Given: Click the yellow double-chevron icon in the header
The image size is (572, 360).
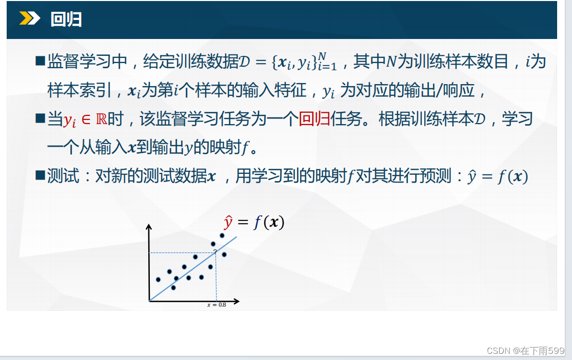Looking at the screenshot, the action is [x=30, y=18].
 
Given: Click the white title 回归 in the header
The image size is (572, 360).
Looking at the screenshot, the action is [x=66, y=19].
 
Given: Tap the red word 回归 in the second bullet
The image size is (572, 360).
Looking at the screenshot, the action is [x=314, y=119].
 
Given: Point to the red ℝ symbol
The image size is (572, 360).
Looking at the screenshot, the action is [x=102, y=119].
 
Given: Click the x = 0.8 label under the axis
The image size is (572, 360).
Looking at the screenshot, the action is [x=216, y=305].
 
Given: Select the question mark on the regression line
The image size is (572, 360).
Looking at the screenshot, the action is [x=215, y=251].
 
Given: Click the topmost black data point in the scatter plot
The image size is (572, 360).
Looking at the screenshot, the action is [x=222, y=235].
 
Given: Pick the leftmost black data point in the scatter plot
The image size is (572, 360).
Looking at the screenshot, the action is [x=158, y=280].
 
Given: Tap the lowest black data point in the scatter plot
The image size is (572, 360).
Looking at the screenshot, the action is [x=173, y=288].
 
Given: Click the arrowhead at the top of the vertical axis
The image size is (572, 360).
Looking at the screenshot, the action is [x=148, y=227].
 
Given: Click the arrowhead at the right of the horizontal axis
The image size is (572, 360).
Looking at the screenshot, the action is [x=237, y=301].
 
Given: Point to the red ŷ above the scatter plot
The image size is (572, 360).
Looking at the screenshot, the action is [x=228, y=222].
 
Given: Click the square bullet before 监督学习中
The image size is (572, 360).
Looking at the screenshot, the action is [x=40, y=61].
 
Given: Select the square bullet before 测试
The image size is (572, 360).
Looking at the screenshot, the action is [x=40, y=175].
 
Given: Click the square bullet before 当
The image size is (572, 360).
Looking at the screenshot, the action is [x=40, y=118].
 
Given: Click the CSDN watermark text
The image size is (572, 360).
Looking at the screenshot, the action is [x=526, y=351].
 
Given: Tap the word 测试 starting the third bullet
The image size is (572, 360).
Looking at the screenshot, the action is [x=63, y=176].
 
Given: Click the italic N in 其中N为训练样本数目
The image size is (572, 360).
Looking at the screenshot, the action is [x=391, y=61].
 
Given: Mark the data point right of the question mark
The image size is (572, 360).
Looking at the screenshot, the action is [x=224, y=254].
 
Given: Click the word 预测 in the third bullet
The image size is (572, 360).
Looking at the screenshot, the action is [x=436, y=176].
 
